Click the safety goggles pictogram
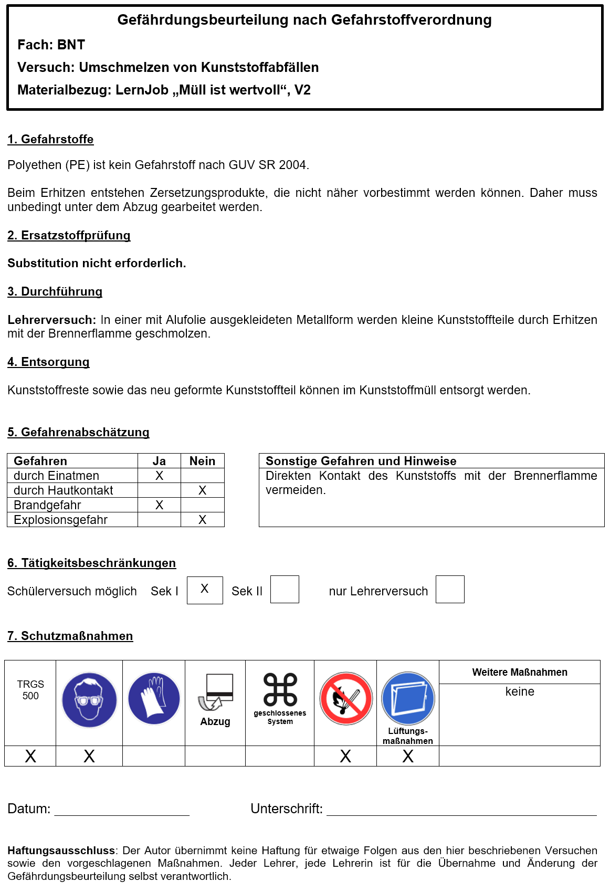pyautogui.click(x=89, y=700)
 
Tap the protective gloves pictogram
pyautogui.click(x=154, y=699)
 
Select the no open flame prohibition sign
pyautogui.click(x=345, y=699)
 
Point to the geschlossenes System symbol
pyautogui.click(x=280, y=690)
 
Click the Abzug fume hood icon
pyautogui.click(x=216, y=692)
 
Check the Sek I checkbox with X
pyautogui.click(x=205, y=590)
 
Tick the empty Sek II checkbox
pyautogui.click(x=285, y=590)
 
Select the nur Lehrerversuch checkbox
pyautogui.click(x=450, y=590)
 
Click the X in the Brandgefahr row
pyautogui.click(x=159, y=505)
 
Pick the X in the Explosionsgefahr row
pyautogui.click(x=202, y=520)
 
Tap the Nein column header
pyautogui.click(x=202, y=461)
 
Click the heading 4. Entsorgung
pyautogui.click(x=48, y=362)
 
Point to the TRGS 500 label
pyautogui.click(x=30, y=690)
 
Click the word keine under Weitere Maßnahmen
pyautogui.click(x=519, y=691)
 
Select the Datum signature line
pyautogui.click(x=122, y=811)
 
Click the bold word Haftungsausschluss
pyautogui.click(x=61, y=851)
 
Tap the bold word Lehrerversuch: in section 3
pyautogui.click(x=51, y=320)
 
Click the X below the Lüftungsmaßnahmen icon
pyautogui.click(x=408, y=756)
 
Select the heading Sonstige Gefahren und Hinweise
pyautogui.click(x=361, y=461)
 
